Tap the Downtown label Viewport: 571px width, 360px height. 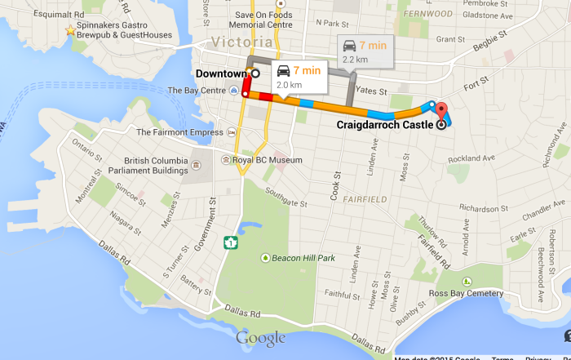(x=220, y=73)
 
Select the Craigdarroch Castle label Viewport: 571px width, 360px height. (x=385, y=125)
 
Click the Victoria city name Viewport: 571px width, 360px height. (x=241, y=42)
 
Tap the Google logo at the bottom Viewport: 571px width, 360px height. (x=261, y=338)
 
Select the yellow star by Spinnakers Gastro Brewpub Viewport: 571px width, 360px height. (x=70, y=31)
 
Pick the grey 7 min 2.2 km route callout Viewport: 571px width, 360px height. (x=365, y=51)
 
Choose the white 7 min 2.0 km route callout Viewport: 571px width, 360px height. (x=299, y=76)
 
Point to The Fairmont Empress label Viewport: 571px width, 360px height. (x=179, y=132)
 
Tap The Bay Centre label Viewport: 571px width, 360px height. (x=196, y=90)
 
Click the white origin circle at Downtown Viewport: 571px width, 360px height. (x=255, y=73)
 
